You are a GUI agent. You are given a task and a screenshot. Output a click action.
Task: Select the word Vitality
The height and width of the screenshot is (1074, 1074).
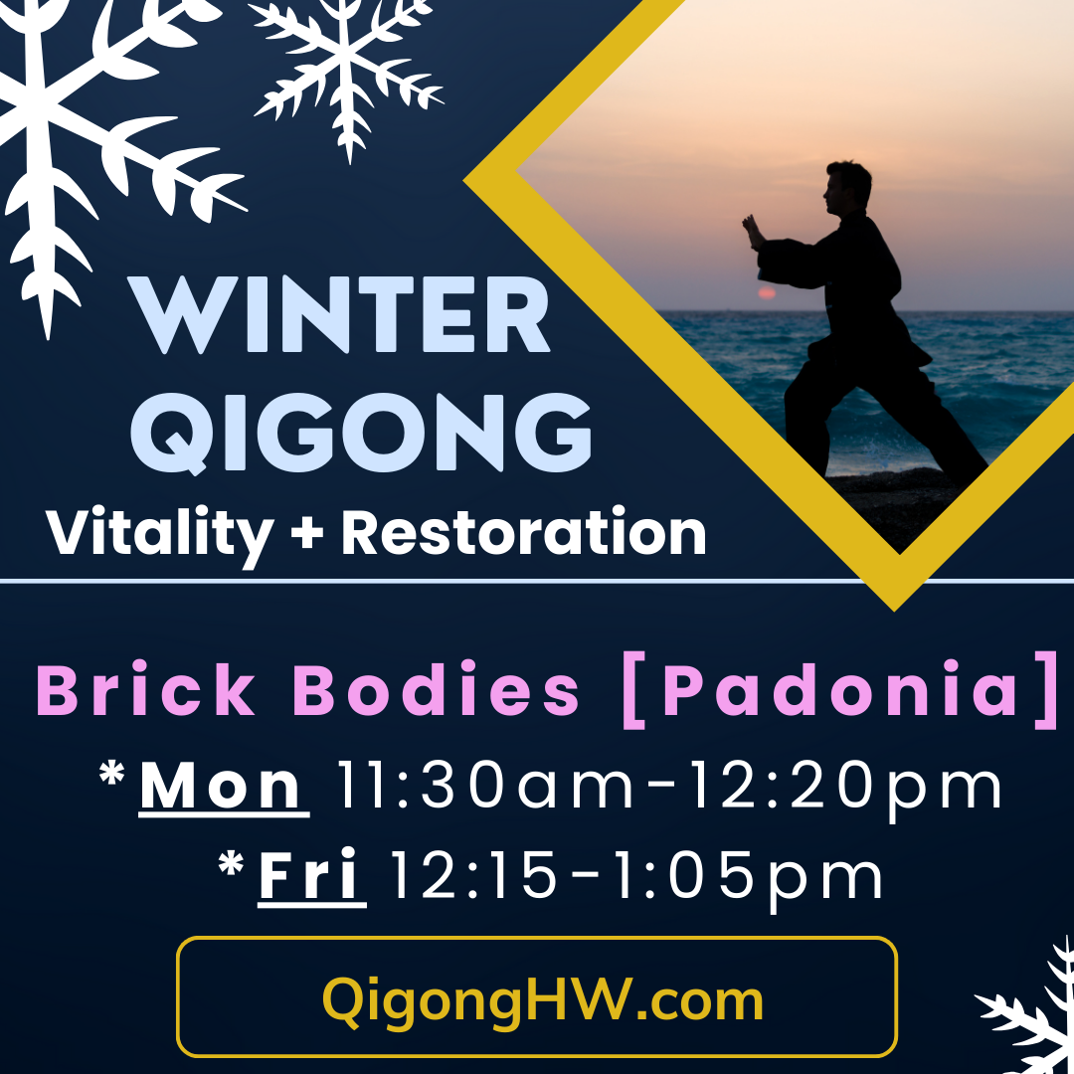click(159, 534)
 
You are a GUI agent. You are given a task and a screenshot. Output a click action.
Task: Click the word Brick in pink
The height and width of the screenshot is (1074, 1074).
click(146, 690)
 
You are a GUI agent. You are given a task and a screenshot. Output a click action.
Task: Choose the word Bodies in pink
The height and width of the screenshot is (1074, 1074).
click(438, 690)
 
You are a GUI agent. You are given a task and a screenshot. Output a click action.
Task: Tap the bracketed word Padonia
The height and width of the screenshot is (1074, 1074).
click(841, 690)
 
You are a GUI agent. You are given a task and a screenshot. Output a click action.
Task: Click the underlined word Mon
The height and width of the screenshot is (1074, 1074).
click(224, 787)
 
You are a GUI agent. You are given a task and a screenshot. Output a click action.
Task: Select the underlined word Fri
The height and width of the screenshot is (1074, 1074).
click(312, 876)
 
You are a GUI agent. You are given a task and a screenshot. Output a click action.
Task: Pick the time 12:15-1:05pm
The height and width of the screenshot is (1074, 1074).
click(635, 876)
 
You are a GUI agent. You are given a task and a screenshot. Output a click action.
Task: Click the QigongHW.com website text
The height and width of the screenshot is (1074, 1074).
click(543, 999)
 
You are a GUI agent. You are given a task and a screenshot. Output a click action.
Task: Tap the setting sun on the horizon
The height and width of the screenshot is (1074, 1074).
click(766, 293)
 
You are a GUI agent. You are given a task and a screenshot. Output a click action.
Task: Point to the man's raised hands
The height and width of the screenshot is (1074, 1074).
click(753, 232)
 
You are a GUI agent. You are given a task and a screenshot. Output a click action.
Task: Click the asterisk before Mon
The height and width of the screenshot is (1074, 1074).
click(115, 777)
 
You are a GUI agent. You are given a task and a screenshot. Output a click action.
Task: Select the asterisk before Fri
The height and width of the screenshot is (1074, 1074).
click(233, 866)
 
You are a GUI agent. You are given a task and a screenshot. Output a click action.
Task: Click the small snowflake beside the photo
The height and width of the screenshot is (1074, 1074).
click(348, 70)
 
